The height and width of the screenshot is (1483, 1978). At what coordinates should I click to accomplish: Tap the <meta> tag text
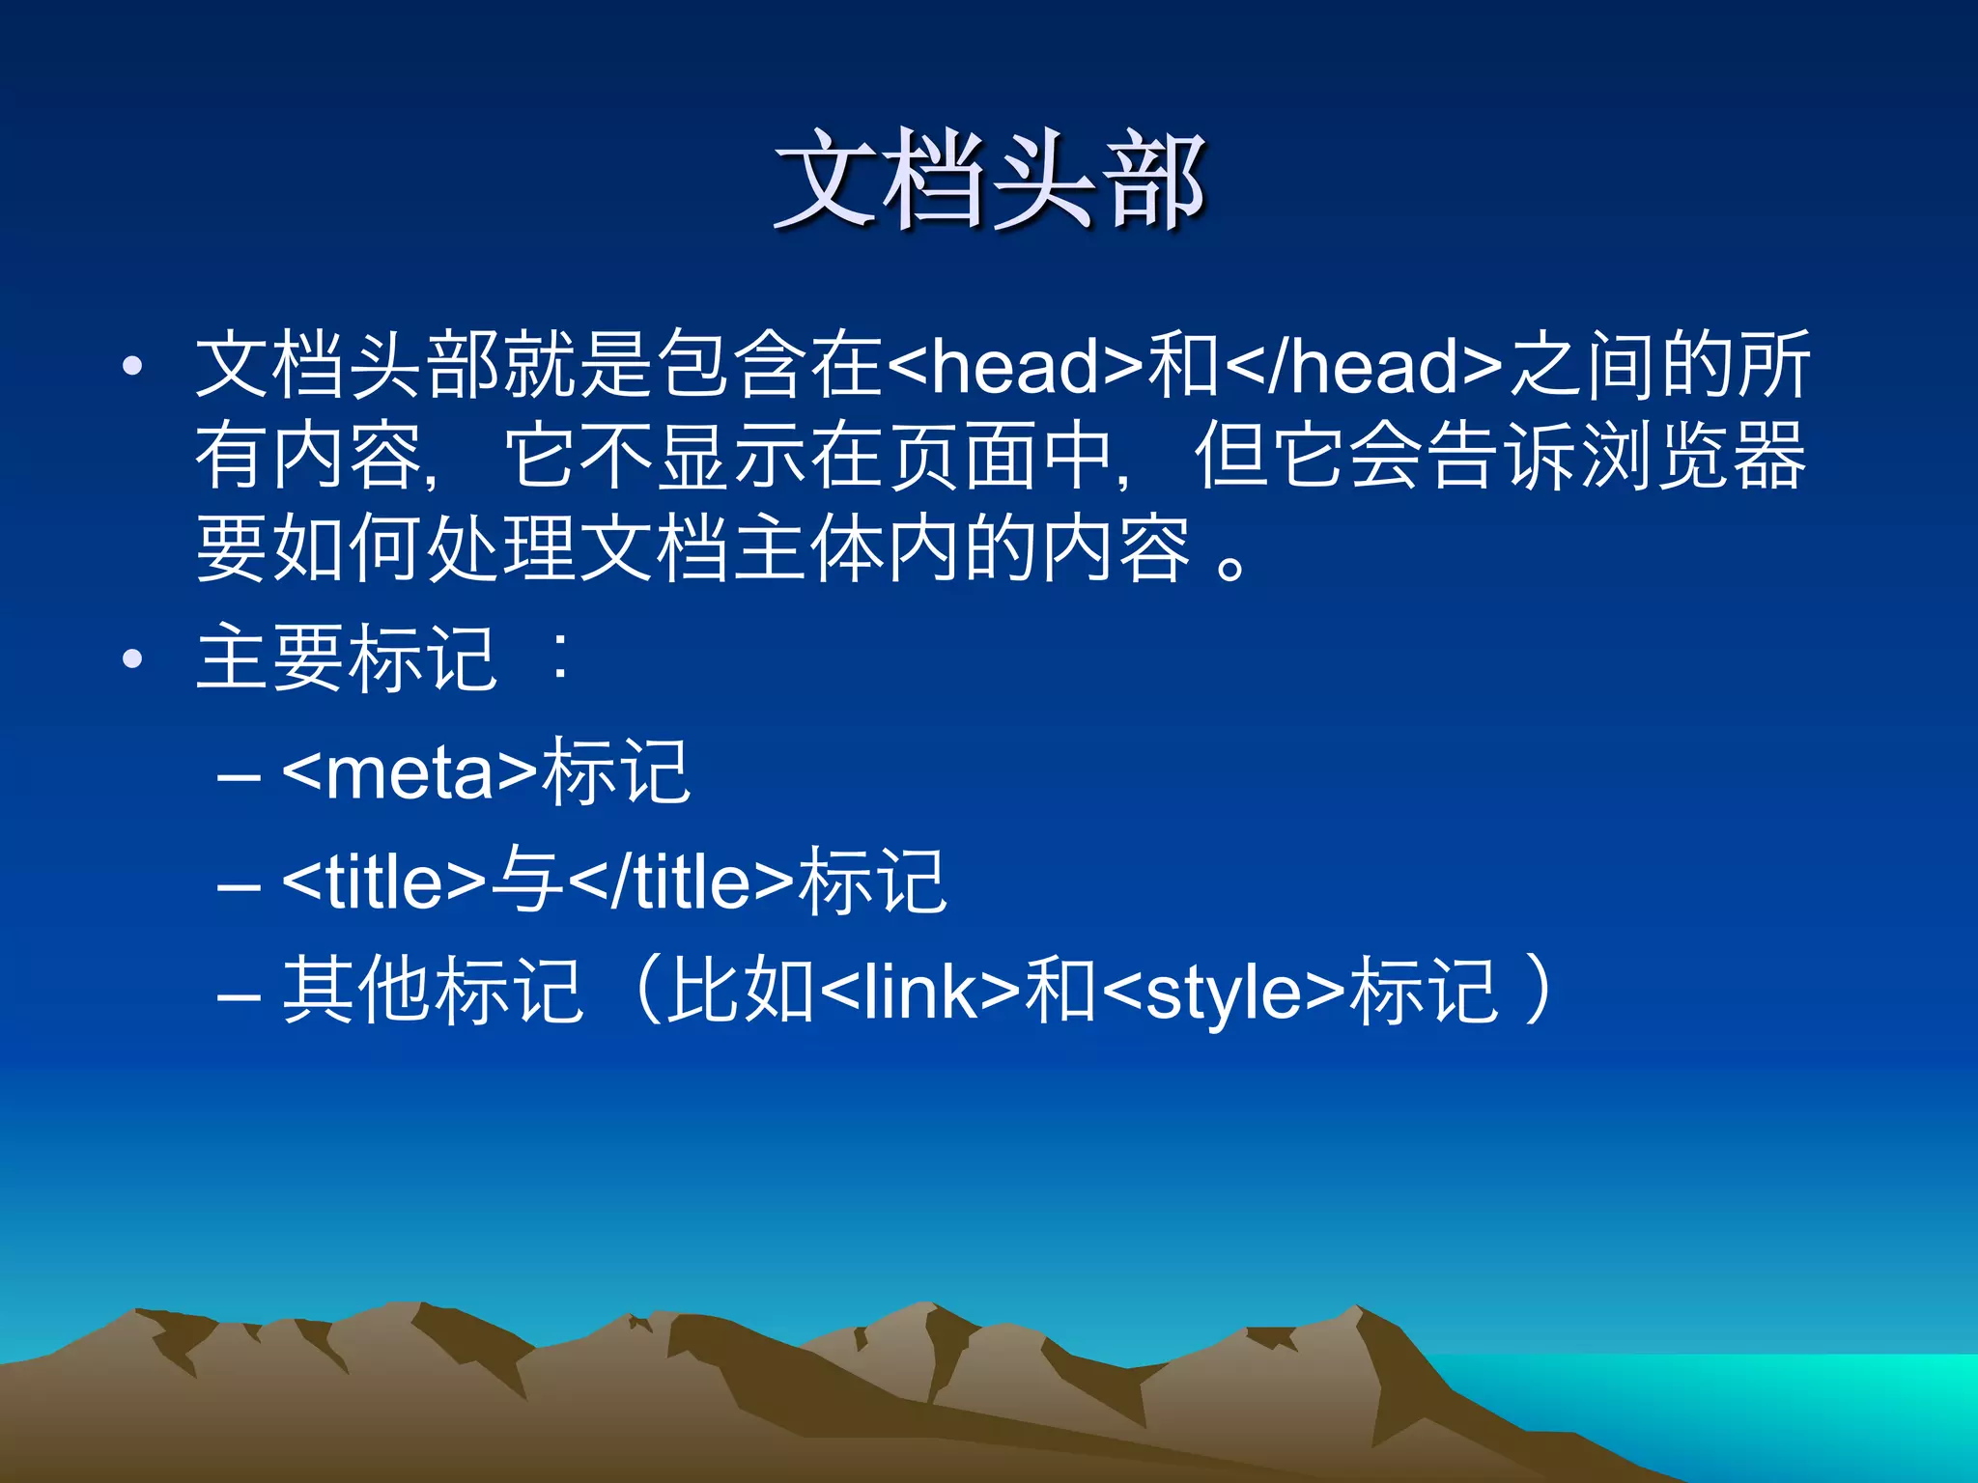point(410,772)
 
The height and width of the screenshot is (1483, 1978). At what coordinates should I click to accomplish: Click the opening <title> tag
point(384,882)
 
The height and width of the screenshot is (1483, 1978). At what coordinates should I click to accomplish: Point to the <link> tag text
point(920,993)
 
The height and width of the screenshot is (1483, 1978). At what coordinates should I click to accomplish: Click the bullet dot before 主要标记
point(132,659)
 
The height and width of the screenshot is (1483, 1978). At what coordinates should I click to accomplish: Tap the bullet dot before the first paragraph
point(132,366)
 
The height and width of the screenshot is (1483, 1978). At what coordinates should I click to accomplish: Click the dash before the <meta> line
point(239,776)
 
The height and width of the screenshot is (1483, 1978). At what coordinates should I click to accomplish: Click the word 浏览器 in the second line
point(1690,456)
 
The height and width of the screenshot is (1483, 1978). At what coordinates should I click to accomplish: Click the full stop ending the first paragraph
point(1231,565)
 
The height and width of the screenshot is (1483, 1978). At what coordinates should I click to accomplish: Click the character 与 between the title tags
point(527,881)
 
